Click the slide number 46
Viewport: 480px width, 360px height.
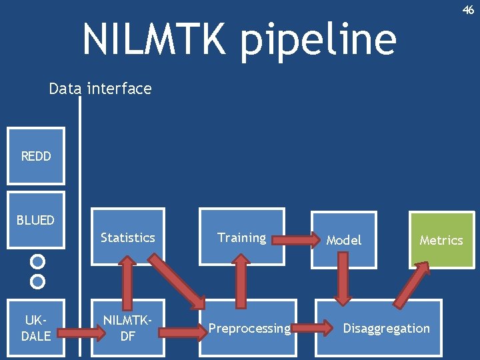point(469,10)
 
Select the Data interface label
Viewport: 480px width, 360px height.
point(100,89)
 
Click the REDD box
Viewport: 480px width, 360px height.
point(36,156)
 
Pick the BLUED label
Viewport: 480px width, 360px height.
point(36,219)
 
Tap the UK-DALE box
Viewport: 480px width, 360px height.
point(36,328)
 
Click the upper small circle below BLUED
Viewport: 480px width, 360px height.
point(38,261)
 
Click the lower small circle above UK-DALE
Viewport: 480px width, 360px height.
point(38,281)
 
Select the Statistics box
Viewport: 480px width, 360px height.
point(127,237)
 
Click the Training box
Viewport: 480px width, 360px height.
point(241,237)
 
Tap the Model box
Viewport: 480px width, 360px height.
point(344,240)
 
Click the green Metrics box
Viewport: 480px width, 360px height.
point(441,240)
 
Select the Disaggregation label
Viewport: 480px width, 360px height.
point(386,328)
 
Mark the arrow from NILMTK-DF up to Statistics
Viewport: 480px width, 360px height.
point(127,283)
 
